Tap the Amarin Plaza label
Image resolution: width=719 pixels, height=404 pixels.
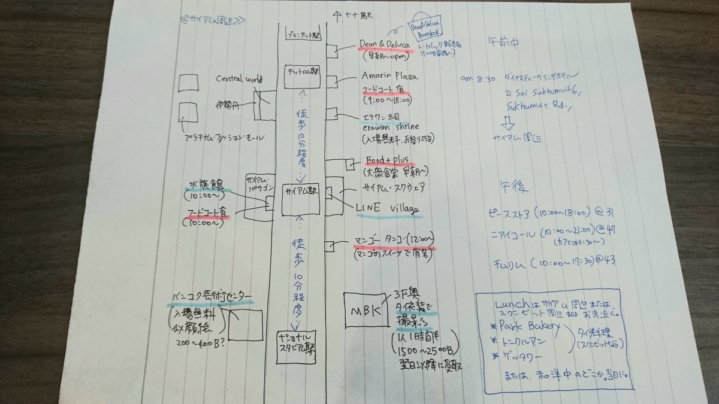(389, 76)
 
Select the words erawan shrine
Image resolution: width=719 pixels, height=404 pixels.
(391, 126)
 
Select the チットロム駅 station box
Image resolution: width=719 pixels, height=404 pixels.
(303, 76)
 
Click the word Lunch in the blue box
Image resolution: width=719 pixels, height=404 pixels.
(512, 302)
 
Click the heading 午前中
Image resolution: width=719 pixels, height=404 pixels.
(505, 42)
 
